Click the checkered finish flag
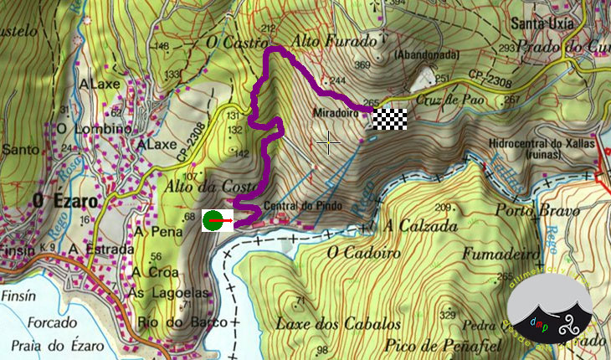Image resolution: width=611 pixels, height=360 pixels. tap(389, 120)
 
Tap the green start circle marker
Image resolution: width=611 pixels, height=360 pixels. tap(213, 220)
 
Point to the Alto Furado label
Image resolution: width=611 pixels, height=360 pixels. tap(323, 39)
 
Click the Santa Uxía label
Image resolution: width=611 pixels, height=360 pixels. tap(545, 23)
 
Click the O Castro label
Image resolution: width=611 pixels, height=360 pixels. tap(230, 40)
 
